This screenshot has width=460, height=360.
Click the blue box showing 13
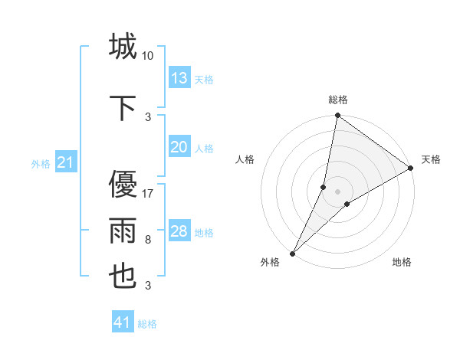point(179,77)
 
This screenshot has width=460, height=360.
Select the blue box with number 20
point(179,147)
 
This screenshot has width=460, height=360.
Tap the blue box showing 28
point(179,231)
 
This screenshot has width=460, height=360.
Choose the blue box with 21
point(66,162)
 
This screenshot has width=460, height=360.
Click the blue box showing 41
point(123,322)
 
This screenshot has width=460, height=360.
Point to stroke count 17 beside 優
point(148,193)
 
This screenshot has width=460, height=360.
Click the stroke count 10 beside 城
point(148,55)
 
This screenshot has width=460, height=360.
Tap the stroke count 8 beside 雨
point(148,240)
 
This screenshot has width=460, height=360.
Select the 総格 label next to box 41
point(147,324)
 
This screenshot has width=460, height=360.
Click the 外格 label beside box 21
point(41,163)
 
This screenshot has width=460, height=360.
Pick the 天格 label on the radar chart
point(431,159)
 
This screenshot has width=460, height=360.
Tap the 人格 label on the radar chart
point(245,159)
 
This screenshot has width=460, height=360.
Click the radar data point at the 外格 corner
point(292,253)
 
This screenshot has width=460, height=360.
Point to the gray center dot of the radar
point(338,191)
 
